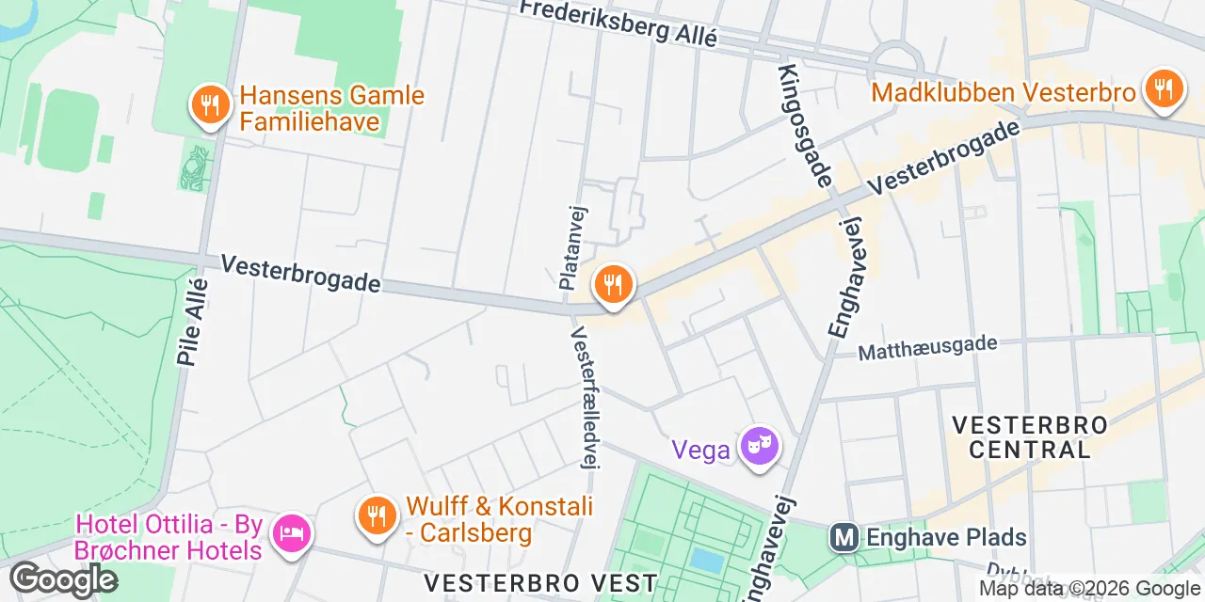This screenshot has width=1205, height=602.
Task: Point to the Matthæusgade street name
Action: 927,348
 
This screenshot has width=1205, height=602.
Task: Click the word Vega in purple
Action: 701,450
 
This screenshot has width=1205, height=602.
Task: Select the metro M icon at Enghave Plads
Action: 843,538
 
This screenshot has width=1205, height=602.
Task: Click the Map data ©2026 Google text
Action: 1090,589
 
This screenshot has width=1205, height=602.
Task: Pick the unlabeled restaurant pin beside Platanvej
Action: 614,284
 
